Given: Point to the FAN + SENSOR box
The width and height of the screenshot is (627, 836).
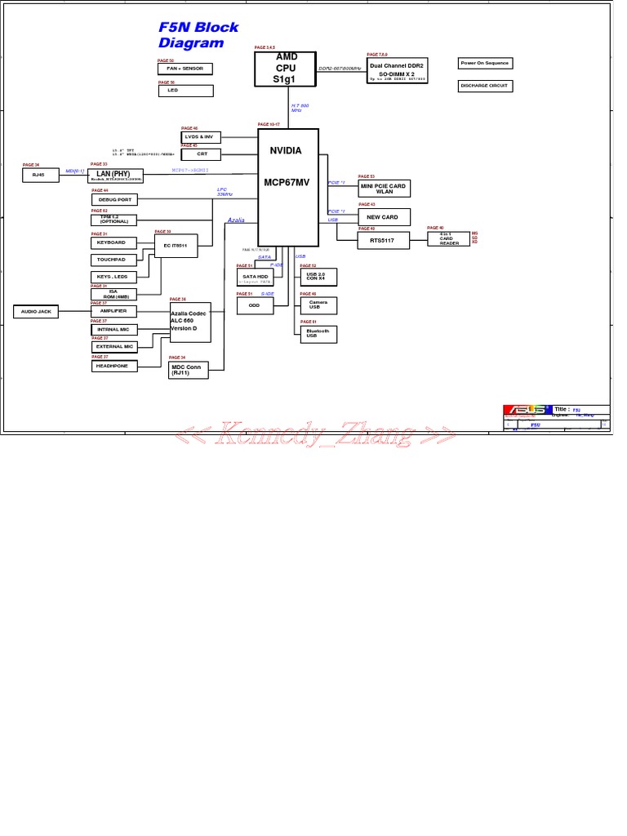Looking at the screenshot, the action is tap(185, 69).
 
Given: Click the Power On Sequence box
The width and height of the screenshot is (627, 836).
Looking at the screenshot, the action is tap(484, 63).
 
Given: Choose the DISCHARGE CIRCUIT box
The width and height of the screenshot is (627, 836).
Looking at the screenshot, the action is tap(484, 85).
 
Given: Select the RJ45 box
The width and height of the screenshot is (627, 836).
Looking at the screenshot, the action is tap(39, 175).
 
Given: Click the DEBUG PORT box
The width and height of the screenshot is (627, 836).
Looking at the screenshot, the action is tap(114, 199).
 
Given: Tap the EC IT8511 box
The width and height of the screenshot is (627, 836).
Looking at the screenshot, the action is tap(176, 245).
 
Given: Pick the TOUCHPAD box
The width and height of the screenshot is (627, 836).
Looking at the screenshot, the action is tap(111, 260).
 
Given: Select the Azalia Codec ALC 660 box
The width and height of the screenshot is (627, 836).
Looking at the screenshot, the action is tap(190, 321).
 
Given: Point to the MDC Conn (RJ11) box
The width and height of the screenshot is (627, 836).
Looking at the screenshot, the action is tap(189, 370).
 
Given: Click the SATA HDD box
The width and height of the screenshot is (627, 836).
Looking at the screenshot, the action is tap(255, 278).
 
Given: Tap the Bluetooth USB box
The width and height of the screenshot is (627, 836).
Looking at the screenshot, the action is tap(318, 333).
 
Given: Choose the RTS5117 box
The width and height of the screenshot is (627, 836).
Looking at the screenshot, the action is tap(383, 241).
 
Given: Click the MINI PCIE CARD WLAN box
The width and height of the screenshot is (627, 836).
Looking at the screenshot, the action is tap(384, 189).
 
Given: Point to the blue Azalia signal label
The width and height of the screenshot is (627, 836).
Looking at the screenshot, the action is tap(236, 220).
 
